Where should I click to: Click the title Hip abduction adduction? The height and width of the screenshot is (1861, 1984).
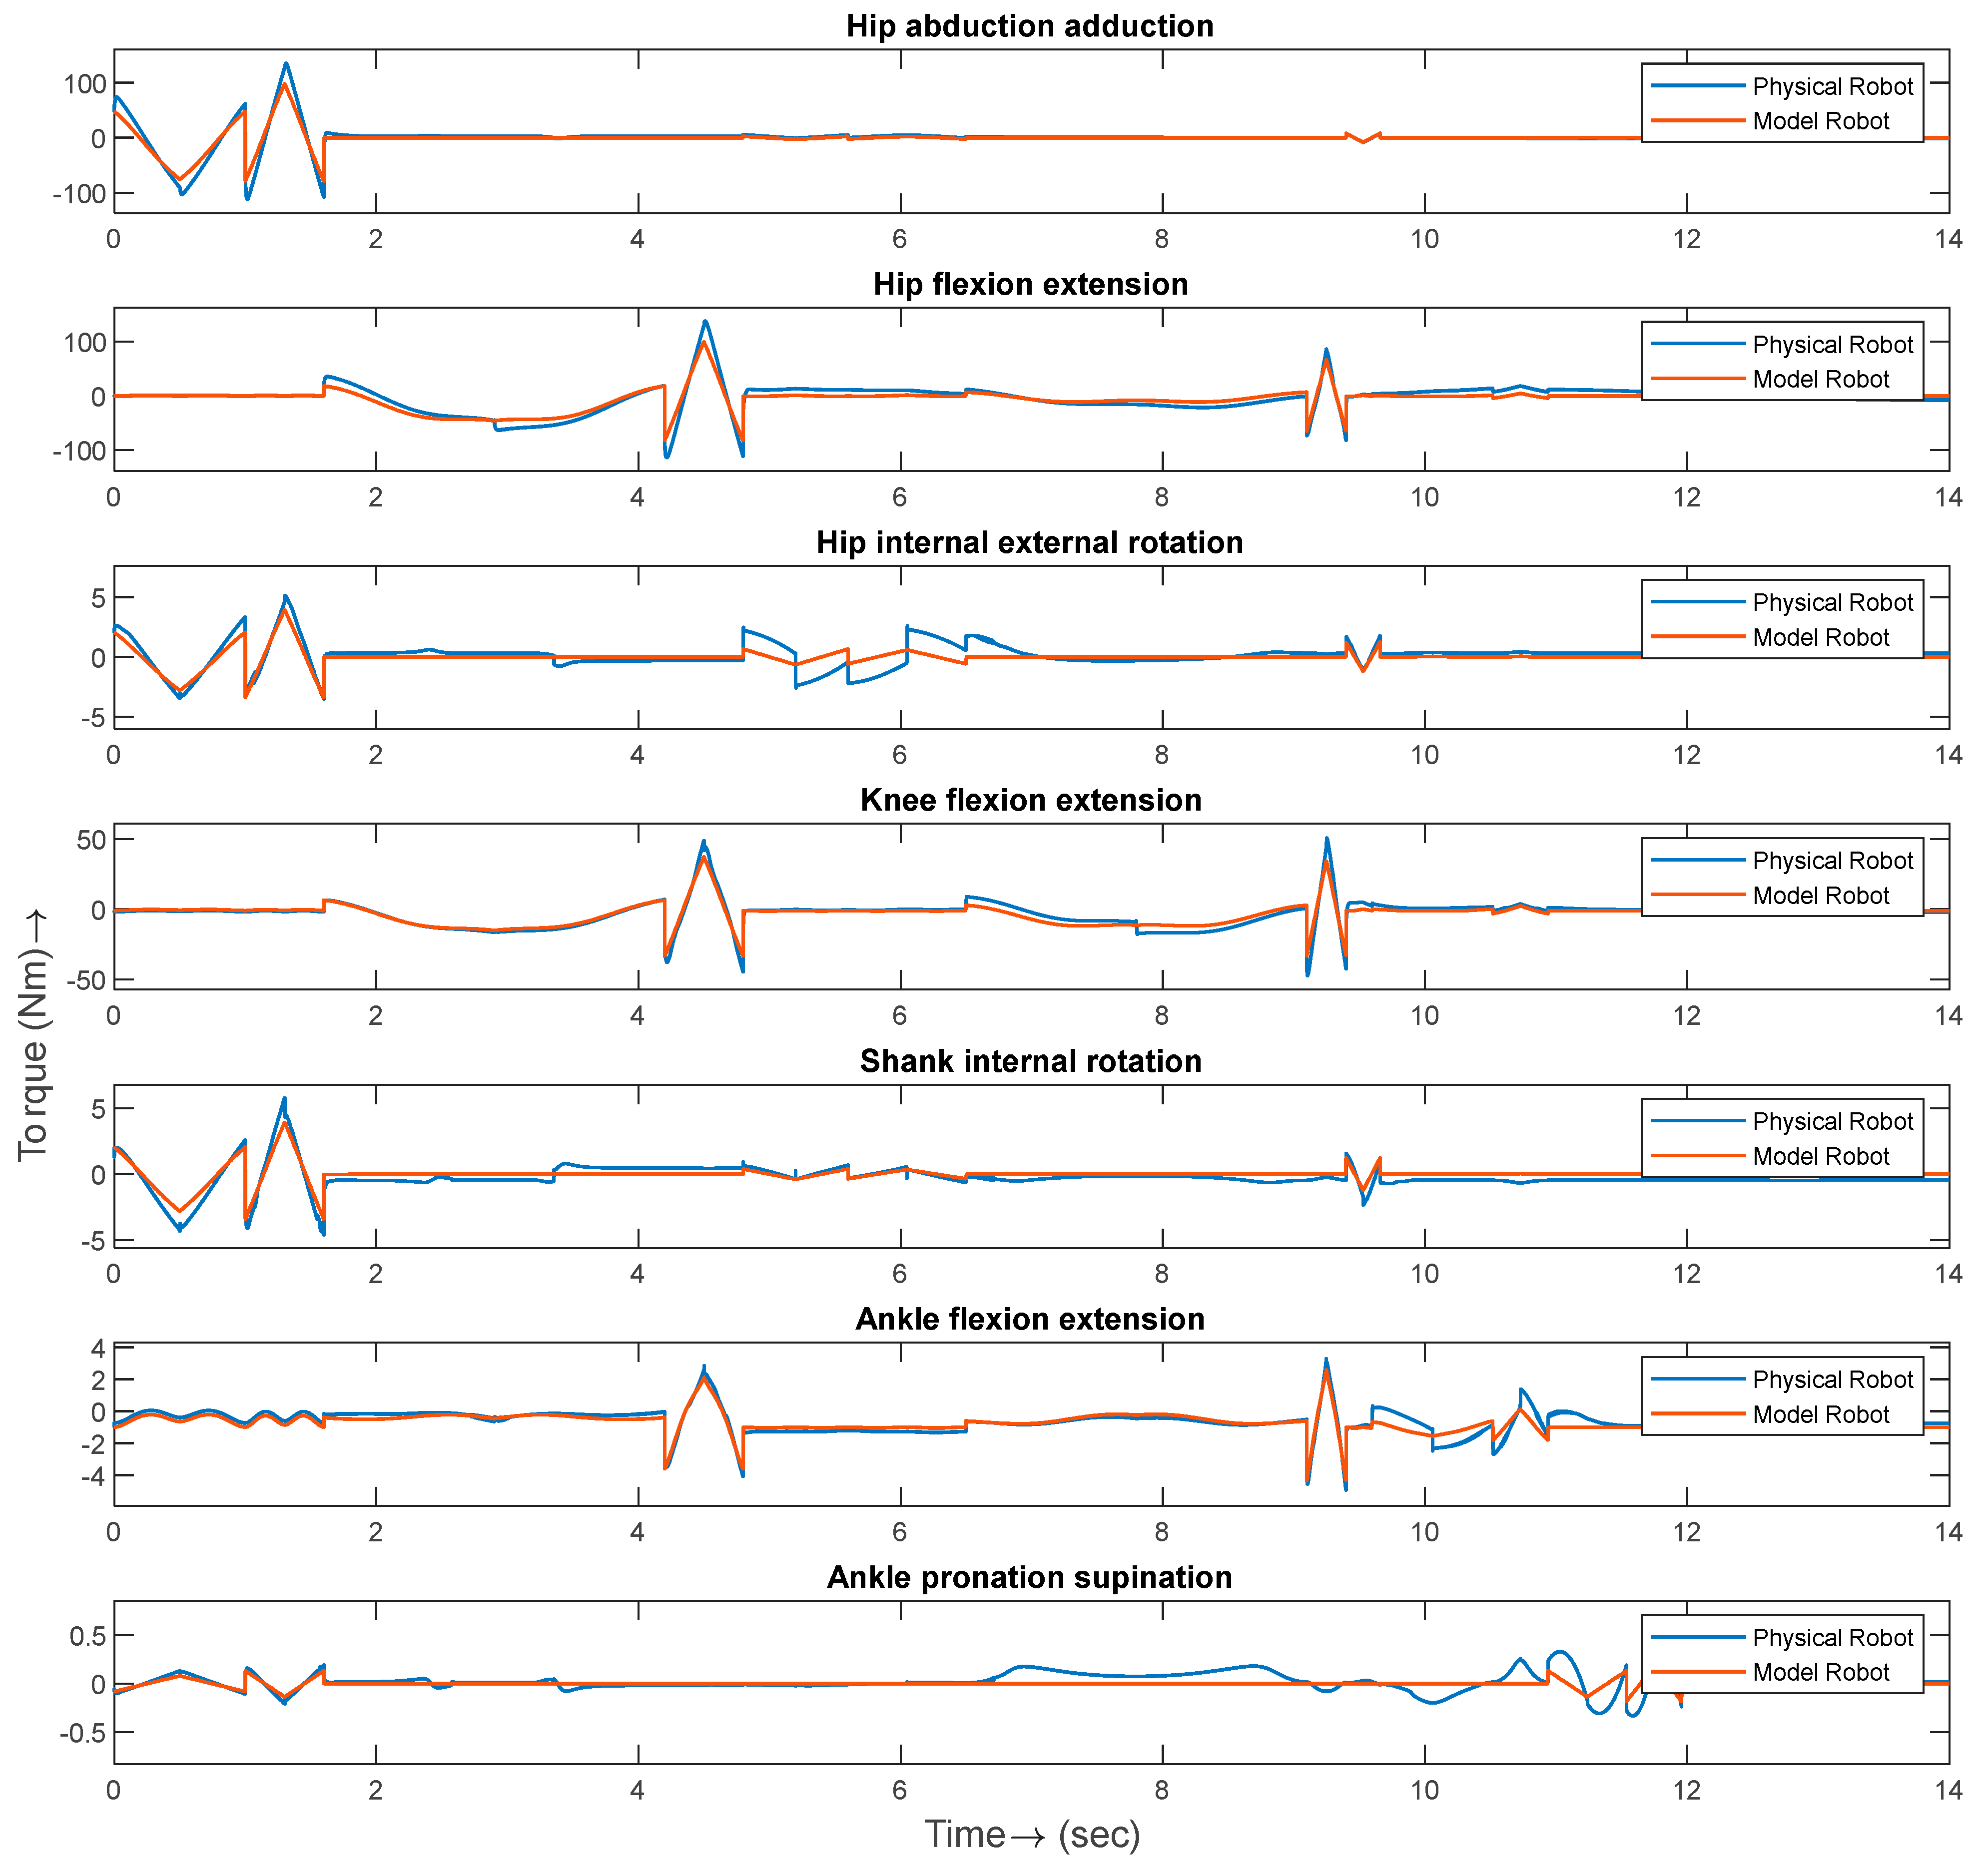coord(1030,26)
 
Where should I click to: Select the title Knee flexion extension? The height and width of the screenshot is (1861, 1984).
coord(1030,800)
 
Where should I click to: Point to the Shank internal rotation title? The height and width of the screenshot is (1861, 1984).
coord(1030,1061)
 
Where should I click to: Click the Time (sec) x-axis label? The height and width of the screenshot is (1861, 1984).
coord(1032,1834)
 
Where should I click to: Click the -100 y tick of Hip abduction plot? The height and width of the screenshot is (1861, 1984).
coord(80,194)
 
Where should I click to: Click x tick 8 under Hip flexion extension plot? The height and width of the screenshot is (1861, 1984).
coord(1162,497)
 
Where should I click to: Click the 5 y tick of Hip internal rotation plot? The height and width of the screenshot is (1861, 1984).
coord(98,598)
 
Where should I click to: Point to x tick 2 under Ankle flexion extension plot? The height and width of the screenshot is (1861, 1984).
coord(375,1532)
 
